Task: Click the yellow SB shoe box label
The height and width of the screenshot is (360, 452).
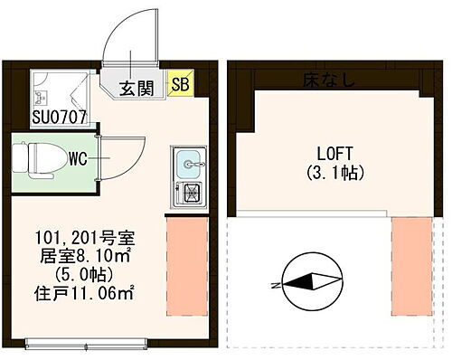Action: click(x=180, y=87)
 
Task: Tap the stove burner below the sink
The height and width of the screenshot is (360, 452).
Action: click(x=190, y=192)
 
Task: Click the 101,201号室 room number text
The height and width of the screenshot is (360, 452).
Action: click(x=85, y=239)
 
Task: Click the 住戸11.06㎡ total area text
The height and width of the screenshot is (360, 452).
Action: click(x=85, y=291)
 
